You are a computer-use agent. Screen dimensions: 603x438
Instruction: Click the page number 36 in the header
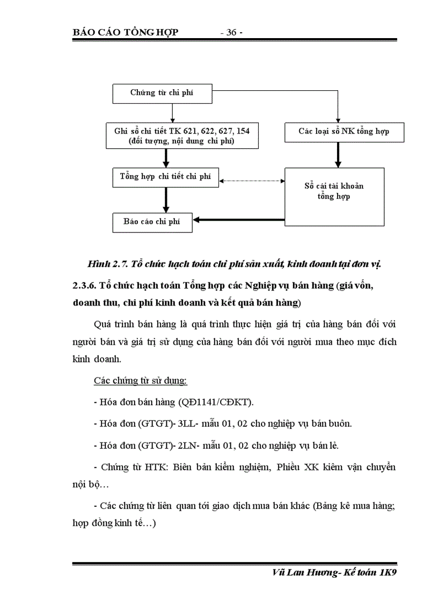(231, 33)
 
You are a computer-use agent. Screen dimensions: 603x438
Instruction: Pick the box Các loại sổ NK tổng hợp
(344, 132)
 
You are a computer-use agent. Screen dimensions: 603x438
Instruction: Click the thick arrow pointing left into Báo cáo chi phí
(238, 220)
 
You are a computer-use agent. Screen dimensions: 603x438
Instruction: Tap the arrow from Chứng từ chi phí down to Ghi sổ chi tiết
(171, 112)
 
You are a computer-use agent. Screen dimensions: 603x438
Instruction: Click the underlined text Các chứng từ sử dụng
(140, 381)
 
